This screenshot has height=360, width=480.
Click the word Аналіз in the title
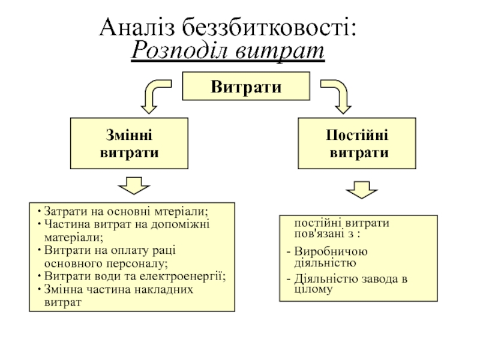(x=137, y=27)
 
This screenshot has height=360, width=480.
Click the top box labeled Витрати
(x=246, y=86)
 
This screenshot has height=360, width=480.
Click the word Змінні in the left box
(x=129, y=134)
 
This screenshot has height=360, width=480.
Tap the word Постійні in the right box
(x=357, y=134)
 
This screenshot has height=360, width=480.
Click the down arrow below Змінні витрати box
(x=134, y=185)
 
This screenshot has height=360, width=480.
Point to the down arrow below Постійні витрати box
(x=362, y=190)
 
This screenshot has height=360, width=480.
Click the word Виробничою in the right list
(x=331, y=251)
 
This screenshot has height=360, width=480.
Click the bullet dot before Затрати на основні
(x=39, y=211)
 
